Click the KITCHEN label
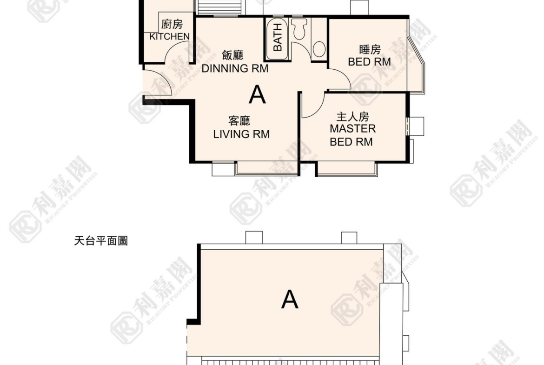point(170,36)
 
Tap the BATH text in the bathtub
point(278,38)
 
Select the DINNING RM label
point(235,68)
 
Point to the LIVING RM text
point(241,134)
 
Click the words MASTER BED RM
point(352,135)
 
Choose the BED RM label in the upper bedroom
point(370,61)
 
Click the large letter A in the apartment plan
point(257,95)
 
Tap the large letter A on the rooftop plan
point(290,300)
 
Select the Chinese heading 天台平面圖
point(101,241)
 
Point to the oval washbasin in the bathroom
point(319,49)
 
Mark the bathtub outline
point(278,38)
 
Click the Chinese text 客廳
point(239,121)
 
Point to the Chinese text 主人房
point(352,117)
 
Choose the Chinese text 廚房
point(172,24)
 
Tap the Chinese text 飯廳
point(233,55)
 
